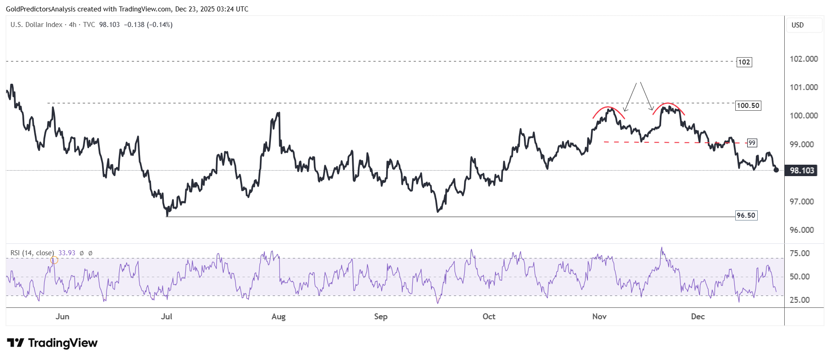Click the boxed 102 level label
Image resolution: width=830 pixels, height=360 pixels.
pos(744,62)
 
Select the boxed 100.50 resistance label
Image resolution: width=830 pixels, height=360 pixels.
pos(748,106)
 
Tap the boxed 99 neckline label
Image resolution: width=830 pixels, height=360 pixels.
pos(752,143)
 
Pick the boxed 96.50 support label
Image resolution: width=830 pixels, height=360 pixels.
pos(746,215)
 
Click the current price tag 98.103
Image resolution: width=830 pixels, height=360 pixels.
pos(802,171)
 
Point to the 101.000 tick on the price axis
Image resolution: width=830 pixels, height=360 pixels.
pos(803,87)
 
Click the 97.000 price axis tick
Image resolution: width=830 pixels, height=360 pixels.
pos(802,202)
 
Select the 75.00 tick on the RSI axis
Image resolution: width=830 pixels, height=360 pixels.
pos(800,253)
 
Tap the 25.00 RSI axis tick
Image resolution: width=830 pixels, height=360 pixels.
pos(800,300)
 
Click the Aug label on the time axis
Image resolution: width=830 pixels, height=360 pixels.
pos(278,317)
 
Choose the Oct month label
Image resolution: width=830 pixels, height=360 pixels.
pos(489,317)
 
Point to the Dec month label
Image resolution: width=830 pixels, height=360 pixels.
pos(698,317)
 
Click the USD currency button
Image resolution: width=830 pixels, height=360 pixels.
pos(798,25)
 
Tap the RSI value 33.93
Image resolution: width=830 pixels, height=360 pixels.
pos(67,253)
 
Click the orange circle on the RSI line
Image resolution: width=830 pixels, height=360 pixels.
pos(54,260)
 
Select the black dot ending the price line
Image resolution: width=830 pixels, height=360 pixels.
pos(776,170)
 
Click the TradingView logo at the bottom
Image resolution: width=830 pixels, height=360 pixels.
pos(53,343)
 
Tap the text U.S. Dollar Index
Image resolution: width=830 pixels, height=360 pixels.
pos(37,25)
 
